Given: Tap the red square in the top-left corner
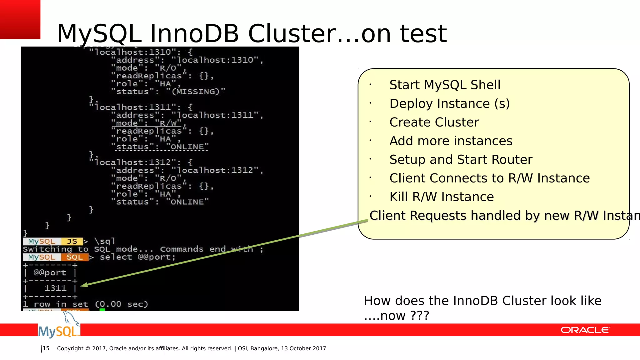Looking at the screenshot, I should point(20,19).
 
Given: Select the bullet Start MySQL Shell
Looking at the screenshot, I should point(445,85).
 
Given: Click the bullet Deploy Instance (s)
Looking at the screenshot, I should point(449,104).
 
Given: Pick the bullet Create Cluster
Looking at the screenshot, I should point(434,122).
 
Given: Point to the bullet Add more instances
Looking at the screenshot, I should point(451,141).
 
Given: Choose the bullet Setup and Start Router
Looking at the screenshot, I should point(461,160).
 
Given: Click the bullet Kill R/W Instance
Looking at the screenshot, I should point(441,197).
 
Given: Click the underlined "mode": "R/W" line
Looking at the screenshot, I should point(147,123).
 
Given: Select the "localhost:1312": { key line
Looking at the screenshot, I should point(141,162).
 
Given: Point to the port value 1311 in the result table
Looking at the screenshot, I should point(55,288).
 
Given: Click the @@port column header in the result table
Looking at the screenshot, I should point(50,273).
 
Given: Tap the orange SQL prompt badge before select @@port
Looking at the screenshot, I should point(74,257).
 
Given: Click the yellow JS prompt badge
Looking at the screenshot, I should point(72,242).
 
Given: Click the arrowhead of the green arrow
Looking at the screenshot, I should point(84,285).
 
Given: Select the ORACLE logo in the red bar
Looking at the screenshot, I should point(585,330).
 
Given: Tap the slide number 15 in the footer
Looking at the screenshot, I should point(46,348).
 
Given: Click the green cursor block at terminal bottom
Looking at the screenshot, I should point(102,310).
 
